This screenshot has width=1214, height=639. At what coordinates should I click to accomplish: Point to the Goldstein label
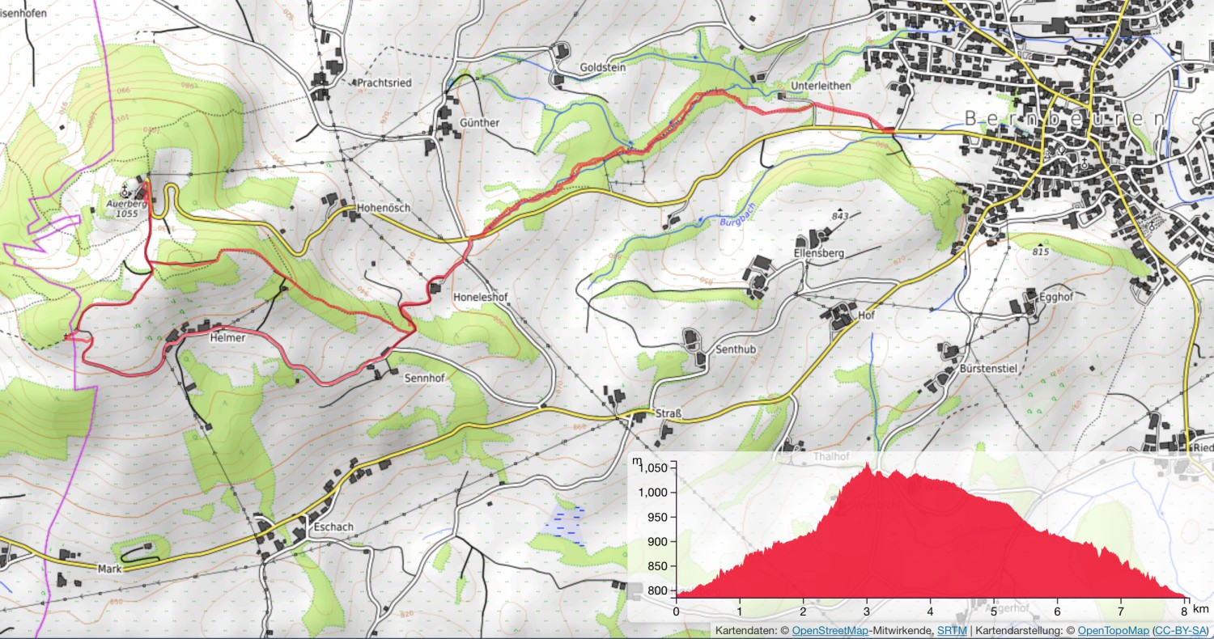click(603, 68)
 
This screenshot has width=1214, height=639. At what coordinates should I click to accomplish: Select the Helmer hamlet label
click(227, 337)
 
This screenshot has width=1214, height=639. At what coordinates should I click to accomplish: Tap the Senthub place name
click(736, 349)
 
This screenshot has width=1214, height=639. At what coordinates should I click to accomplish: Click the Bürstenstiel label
click(988, 369)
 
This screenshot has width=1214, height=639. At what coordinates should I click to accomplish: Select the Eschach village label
click(332, 527)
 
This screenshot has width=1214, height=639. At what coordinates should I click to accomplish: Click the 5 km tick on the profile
click(994, 611)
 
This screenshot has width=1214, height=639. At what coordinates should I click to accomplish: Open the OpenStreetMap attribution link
click(826, 631)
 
